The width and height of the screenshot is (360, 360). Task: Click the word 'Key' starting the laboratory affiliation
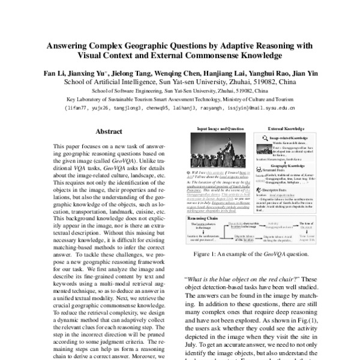(70, 100)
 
